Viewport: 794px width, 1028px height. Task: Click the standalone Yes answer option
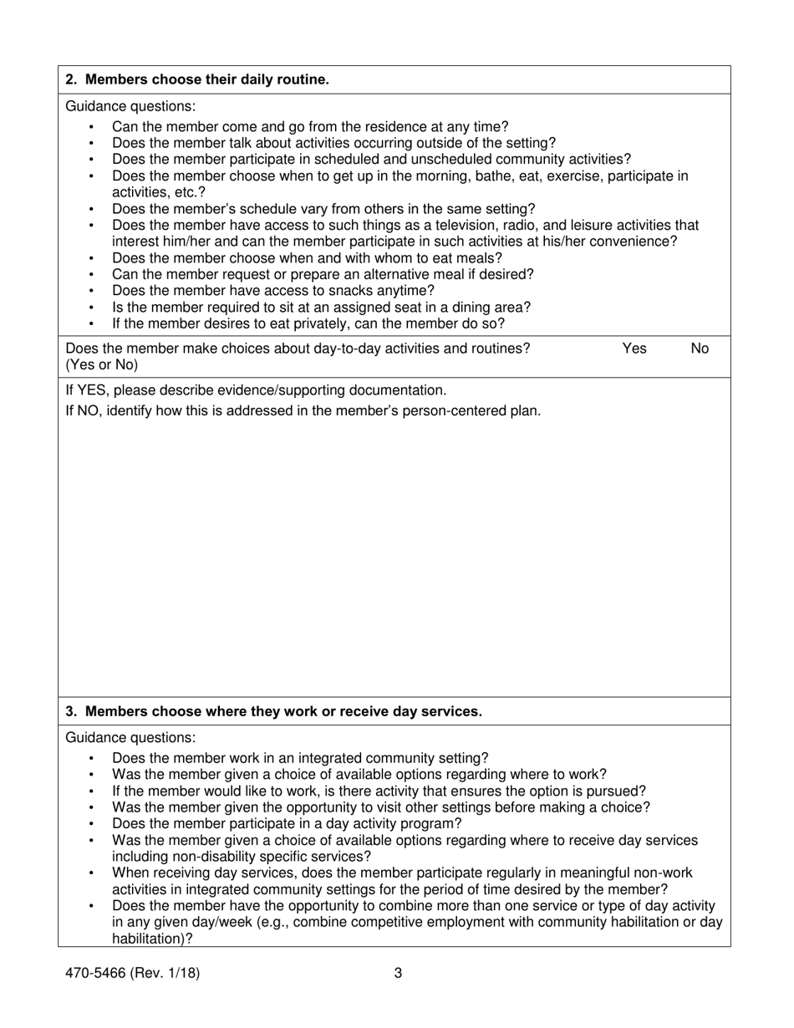pos(634,349)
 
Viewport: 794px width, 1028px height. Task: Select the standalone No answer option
pos(700,349)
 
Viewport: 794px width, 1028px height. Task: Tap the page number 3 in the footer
pos(398,973)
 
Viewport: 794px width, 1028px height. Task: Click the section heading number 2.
pos(71,80)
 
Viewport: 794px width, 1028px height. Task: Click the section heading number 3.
pos(71,712)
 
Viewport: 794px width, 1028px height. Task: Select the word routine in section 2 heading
pos(302,80)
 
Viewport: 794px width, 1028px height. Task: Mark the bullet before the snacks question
pos(91,292)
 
